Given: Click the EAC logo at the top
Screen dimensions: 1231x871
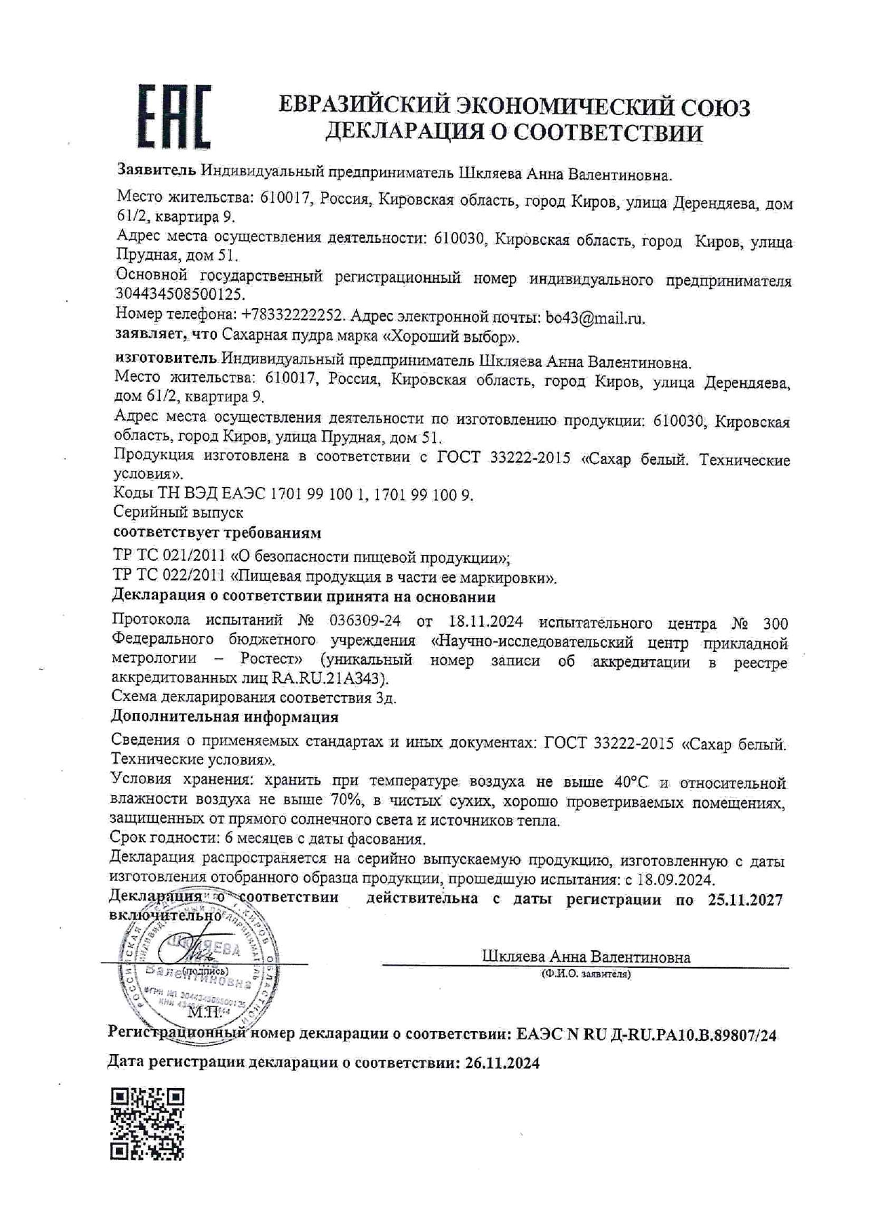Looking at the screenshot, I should [x=173, y=116].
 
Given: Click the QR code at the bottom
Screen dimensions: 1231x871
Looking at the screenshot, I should [x=148, y=1124].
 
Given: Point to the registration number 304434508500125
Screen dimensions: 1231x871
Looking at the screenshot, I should [x=180, y=295].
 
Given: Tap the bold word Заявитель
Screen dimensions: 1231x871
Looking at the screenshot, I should [x=157, y=171].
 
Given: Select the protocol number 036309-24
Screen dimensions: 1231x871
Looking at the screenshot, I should [x=365, y=622].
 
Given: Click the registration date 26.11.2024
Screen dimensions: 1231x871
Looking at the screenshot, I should [x=502, y=1063].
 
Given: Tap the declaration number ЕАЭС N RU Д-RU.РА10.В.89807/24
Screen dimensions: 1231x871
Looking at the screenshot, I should [x=646, y=1034].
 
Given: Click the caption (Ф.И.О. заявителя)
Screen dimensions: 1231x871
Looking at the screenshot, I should [x=585, y=974].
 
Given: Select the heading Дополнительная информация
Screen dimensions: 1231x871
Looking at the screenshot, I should [x=225, y=717].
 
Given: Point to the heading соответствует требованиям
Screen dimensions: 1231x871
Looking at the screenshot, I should [x=217, y=533].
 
